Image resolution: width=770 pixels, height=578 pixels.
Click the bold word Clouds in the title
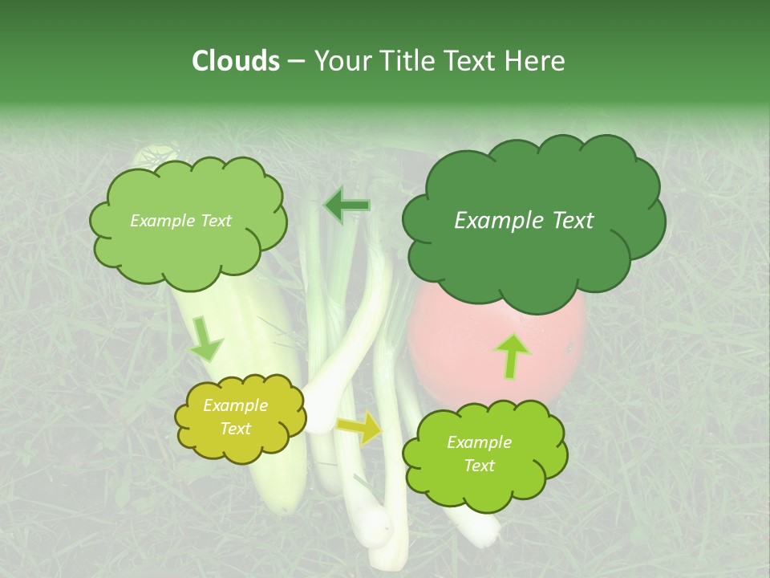(235, 61)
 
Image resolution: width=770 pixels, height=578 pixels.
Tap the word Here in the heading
(535, 61)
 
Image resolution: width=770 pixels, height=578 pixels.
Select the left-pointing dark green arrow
(346, 206)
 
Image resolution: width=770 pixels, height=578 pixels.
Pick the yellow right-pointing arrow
(361, 428)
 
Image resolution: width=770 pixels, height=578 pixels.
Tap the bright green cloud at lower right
(484, 455)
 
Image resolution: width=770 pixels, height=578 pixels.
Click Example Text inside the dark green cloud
(524, 221)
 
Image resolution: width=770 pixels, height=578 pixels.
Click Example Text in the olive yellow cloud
(236, 417)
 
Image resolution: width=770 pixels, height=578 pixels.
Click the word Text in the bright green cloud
(479, 466)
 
